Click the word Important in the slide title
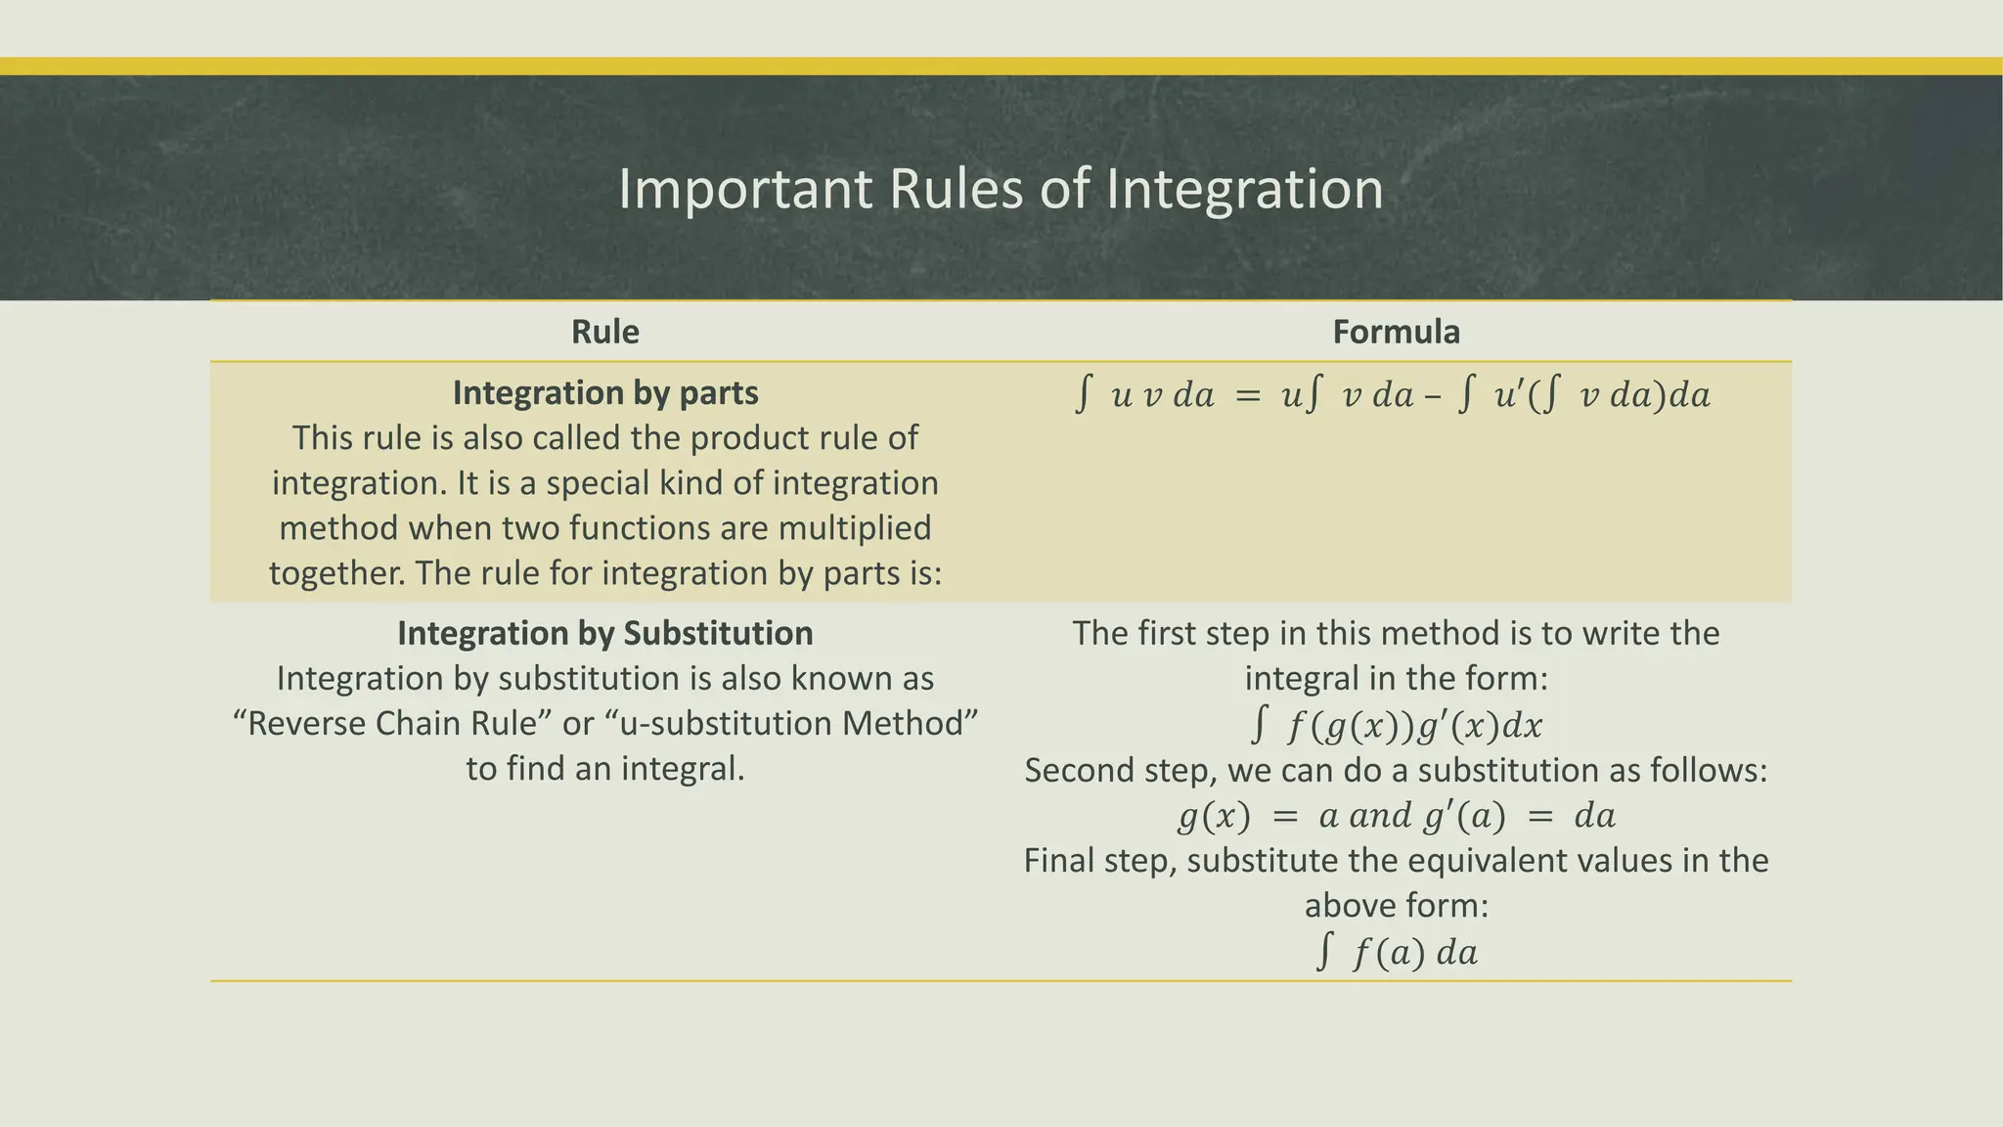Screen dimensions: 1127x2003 click(744, 189)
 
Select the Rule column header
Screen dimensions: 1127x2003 click(605, 332)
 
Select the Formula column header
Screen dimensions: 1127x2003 click(1396, 332)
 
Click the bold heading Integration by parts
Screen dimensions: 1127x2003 click(605, 392)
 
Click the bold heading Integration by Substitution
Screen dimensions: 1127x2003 click(605, 633)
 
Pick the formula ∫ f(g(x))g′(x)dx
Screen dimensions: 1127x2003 click(1397, 725)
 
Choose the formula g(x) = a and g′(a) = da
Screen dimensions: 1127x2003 click(1396, 815)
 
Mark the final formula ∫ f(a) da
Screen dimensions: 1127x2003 click(1397, 951)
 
